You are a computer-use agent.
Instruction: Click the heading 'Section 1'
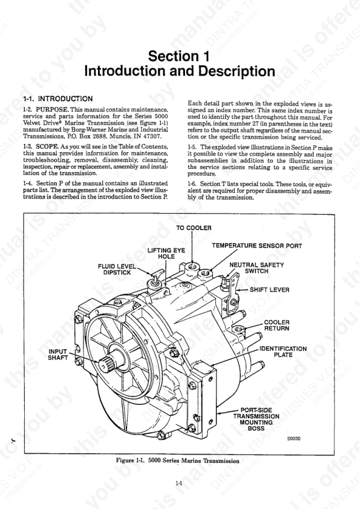180,57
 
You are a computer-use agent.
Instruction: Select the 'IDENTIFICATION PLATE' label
283,352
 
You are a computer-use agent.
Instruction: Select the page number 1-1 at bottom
180,484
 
